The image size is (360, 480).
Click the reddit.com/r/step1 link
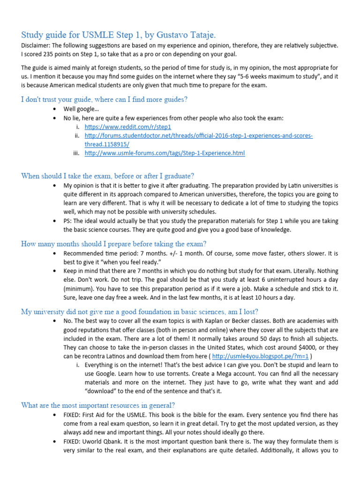[x=127, y=127]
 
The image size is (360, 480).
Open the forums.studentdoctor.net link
[x=199, y=136]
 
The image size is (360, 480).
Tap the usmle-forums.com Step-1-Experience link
[x=165, y=153]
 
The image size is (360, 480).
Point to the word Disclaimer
[x=36, y=45]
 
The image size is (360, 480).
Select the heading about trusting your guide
[x=104, y=99]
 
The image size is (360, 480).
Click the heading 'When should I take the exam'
[x=107, y=176]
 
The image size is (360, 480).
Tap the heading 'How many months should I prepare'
[x=113, y=244]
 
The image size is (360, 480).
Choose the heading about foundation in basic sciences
[x=139, y=312]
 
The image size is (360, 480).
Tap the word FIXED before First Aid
[x=73, y=415]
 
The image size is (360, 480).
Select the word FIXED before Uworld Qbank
[x=73, y=441]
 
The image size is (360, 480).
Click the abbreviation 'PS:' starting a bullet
[x=68, y=221]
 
